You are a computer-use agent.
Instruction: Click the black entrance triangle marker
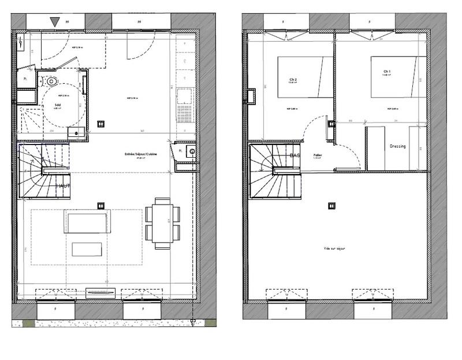[55, 22]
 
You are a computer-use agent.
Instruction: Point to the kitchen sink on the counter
[185, 94]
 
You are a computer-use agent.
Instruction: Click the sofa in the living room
[87, 222]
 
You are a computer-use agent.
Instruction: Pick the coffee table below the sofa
[87, 249]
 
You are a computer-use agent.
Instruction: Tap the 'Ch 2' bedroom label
[293, 80]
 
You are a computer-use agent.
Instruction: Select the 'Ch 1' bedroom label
[386, 72]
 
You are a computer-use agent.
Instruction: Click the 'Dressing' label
[397, 146]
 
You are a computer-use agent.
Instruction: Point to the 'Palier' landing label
[317, 155]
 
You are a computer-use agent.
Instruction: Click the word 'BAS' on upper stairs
[295, 156]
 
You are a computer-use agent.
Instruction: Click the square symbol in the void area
[331, 205]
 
